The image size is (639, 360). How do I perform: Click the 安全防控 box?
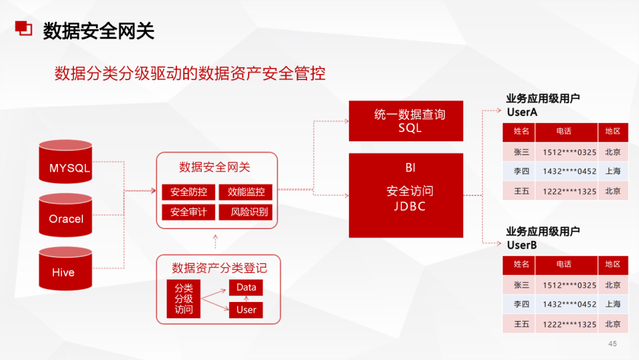188,192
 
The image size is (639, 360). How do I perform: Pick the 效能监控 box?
246,192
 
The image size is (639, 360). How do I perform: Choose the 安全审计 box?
188,212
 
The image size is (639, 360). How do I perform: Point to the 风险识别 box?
246,212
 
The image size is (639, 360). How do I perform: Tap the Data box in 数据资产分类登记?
246,288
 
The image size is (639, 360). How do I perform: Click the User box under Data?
246,310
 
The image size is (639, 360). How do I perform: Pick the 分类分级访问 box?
183,299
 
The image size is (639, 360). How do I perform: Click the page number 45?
612,344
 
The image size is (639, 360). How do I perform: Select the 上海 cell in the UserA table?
612,171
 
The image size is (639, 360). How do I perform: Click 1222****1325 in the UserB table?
569,324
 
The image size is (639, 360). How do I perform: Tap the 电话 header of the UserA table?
563,131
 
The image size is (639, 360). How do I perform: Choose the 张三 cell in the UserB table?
521,285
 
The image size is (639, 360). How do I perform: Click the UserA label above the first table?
522,112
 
